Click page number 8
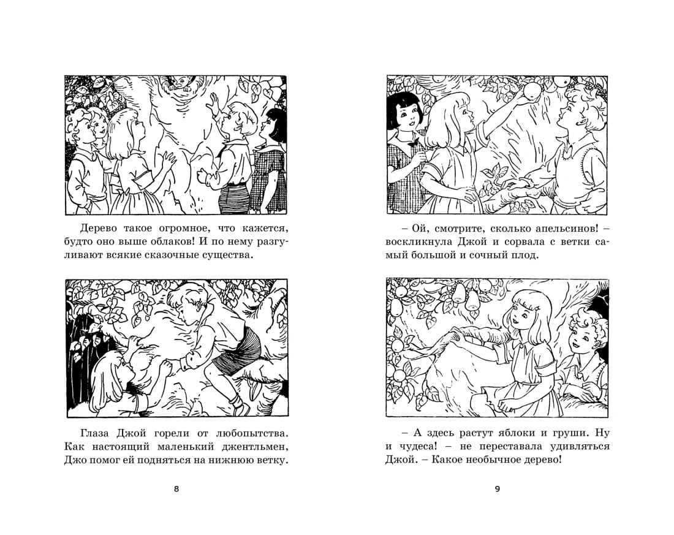click(176, 489)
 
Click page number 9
click(498, 489)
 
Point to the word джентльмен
click(252, 447)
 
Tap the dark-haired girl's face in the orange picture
click(406, 114)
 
